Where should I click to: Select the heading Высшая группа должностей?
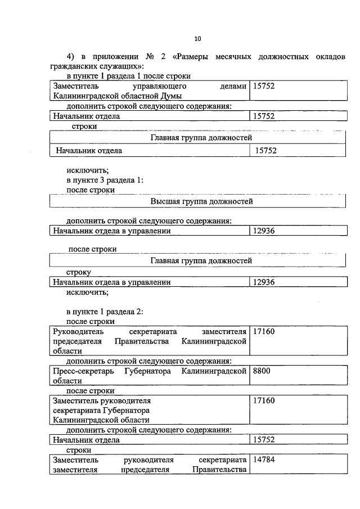point(201,201)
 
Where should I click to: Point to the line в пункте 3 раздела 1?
point(105,180)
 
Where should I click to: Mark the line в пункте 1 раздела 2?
point(105,311)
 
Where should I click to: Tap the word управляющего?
point(159,87)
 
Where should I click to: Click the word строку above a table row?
point(78,272)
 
